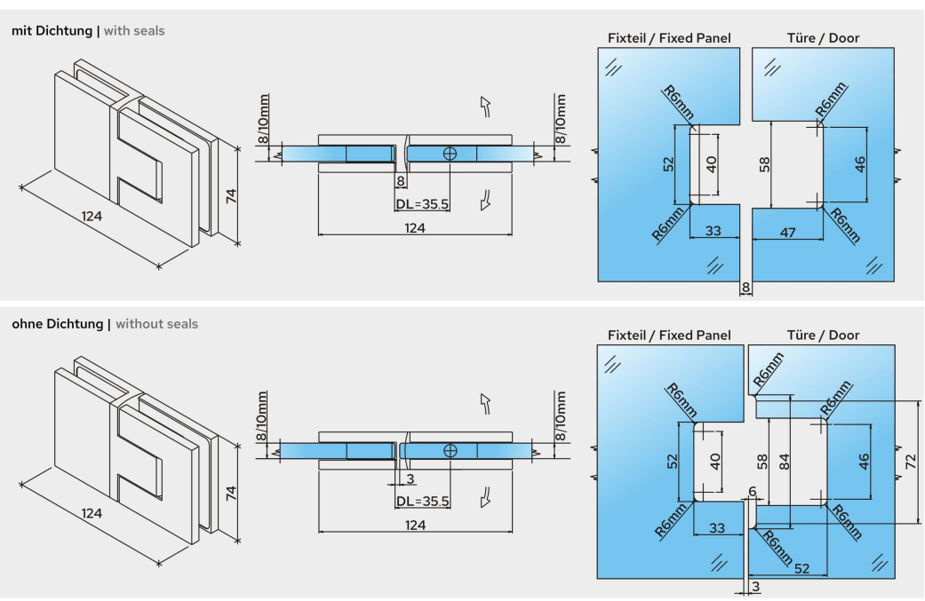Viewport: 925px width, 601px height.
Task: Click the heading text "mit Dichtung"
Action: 52,31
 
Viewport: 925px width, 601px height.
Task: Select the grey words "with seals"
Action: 134,31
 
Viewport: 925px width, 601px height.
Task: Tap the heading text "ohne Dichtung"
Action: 57,324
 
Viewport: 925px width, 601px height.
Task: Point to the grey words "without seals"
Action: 156,324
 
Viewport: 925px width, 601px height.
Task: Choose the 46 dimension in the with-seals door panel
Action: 859,164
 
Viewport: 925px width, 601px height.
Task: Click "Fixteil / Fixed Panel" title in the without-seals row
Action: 669,336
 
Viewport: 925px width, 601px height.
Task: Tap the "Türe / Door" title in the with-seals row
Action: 823,38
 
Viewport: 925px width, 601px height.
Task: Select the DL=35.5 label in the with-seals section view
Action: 422,203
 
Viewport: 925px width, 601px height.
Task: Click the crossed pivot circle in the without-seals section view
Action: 451,451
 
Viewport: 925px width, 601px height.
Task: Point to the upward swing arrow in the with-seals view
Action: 485,107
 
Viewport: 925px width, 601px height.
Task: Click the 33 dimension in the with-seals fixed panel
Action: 713,232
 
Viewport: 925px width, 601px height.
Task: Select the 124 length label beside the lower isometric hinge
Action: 92,514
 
